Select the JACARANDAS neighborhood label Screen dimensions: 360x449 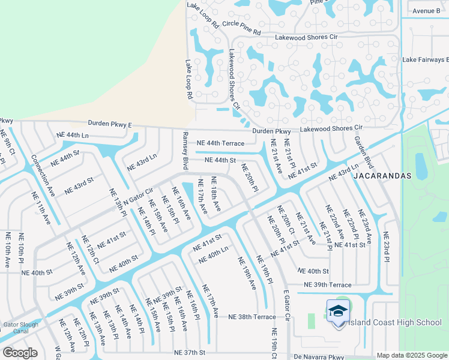click(x=382, y=176)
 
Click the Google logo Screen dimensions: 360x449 click(x=20, y=353)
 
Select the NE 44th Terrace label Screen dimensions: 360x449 click(x=220, y=143)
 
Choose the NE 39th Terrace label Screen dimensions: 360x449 click(x=327, y=284)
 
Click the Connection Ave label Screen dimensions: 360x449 click(x=43, y=174)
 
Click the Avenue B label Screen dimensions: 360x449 click(x=426, y=11)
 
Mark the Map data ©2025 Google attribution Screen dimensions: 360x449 click(x=412, y=355)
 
